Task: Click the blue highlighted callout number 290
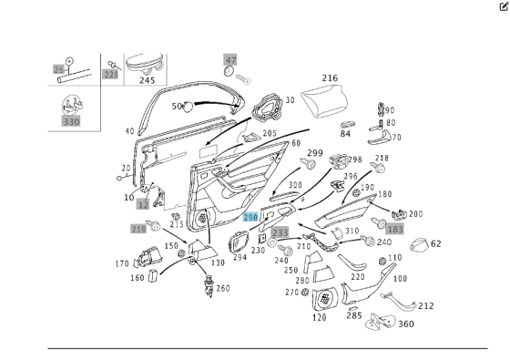point(250,217)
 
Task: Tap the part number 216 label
point(330,79)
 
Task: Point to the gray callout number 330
point(71,119)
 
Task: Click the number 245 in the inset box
point(147,80)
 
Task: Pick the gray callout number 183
point(394,229)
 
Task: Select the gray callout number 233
point(280,232)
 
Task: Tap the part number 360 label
point(405,324)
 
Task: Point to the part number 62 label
point(435,243)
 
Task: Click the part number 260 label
point(223,288)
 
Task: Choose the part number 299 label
point(314,153)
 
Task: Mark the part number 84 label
point(345,134)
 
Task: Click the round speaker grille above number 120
point(323,298)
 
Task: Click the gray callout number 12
point(143,207)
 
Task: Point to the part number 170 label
point(121,264)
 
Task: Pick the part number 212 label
point(425,306)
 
